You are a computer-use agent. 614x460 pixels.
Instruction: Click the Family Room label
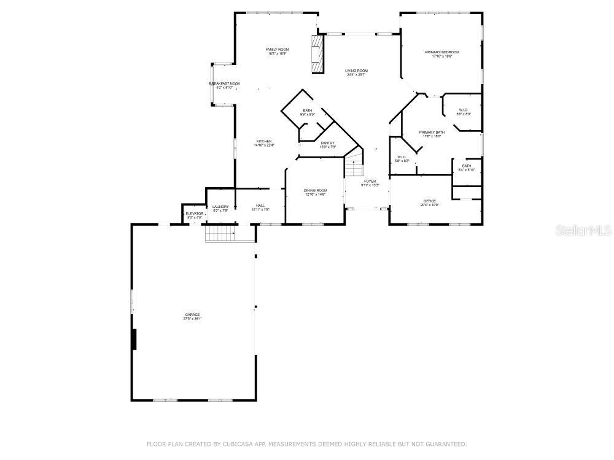(x=277, y=50)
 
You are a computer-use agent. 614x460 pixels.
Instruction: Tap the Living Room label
(x=356, y=71)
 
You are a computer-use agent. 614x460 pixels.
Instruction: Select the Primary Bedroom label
(x=441, y=53)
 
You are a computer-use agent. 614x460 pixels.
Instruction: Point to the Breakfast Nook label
(x=225, y=84)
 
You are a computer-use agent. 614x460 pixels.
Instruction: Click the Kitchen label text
(x=263, y=142)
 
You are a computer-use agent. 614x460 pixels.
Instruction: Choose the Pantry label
(x=327, y=144)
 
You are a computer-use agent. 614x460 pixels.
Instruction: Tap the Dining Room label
(x=315, y=191)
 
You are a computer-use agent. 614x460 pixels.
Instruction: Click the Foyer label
(x=370, y=182)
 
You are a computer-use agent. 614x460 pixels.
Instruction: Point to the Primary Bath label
(x=432, y=132)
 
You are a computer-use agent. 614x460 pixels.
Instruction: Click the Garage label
(x=192, y=315)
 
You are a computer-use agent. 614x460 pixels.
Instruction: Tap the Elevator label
(x=195, y=214)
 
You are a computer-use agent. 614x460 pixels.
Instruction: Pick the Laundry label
(x=220, y=207)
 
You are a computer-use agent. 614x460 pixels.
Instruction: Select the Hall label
(x=260, y=206)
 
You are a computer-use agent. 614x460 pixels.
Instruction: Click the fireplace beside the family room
(x=317, y=54)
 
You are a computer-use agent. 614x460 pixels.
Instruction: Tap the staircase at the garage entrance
(x=220, y=233)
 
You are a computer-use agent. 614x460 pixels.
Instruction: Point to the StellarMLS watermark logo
(x=583, y=231)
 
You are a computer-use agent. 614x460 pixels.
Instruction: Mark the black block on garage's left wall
(x=133, y=339)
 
